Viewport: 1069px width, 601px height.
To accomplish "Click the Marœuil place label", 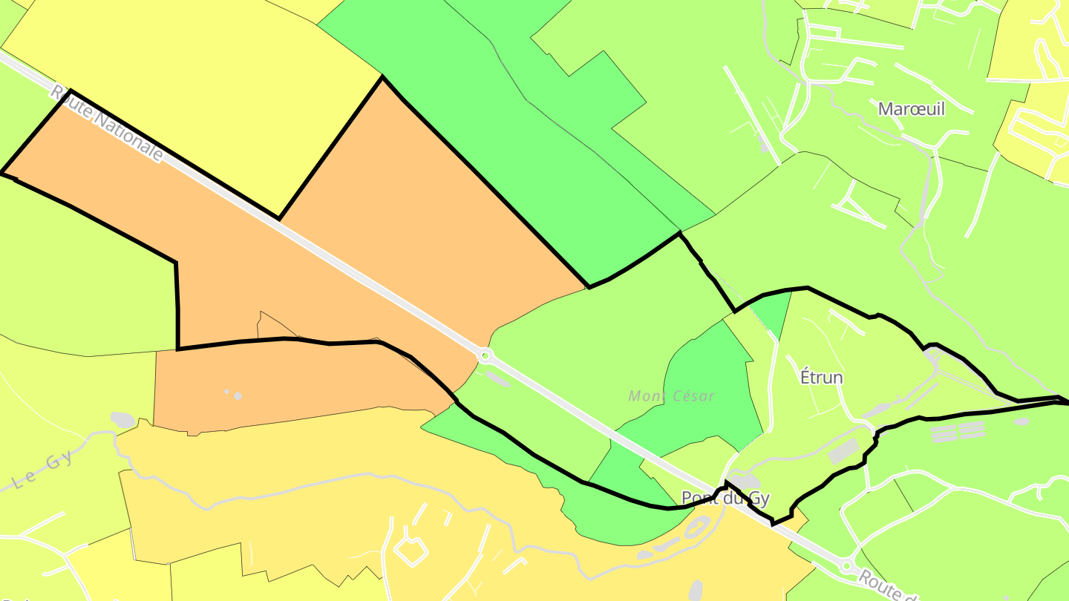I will tap(911, 109).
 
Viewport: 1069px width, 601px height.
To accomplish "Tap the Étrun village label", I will tap(821, 378).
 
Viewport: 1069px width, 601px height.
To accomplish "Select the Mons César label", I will tap(671, 396).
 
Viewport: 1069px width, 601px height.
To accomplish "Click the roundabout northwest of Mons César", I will tap(486, 356).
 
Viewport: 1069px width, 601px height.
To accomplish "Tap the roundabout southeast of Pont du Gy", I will tap(846, 567).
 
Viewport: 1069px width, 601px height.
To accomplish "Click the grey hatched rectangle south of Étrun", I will tap(843, 450).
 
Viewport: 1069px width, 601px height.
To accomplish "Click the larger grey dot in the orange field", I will tap(238, 396).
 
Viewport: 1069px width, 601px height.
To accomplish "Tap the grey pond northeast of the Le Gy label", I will tap(123, 420).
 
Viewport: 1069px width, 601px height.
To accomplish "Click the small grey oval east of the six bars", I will tap(1021, 421).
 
